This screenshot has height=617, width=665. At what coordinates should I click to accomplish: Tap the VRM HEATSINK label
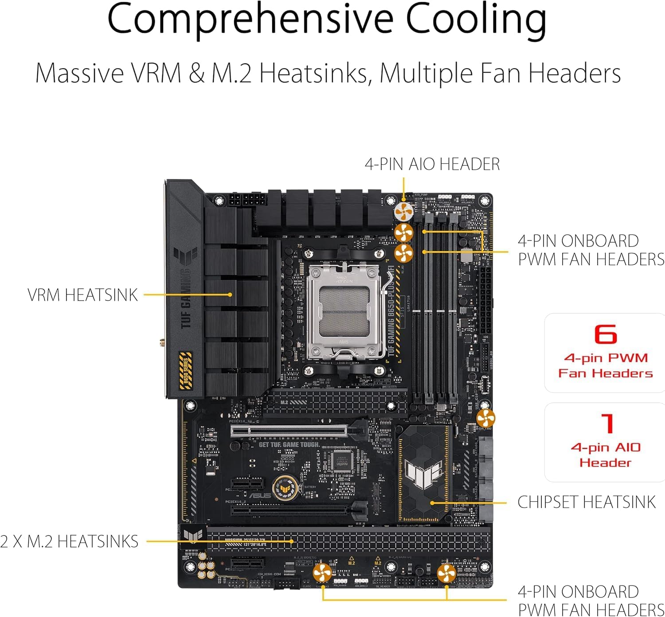pos(82,295)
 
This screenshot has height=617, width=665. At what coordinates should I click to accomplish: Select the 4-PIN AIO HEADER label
pos(432,164)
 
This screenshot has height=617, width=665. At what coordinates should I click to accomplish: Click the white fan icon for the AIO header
pos(403,211)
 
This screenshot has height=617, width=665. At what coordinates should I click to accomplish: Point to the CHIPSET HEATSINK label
pos(586,502)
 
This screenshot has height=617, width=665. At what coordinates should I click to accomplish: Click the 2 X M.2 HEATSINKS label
pos(70,541)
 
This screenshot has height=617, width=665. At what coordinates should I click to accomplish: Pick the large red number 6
pos(606,334)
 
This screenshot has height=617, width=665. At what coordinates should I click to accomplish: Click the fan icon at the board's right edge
pos(485,418)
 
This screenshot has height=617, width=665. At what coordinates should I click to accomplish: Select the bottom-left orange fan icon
pos(322,573)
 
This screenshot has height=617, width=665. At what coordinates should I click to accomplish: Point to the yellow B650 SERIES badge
pos(186,370)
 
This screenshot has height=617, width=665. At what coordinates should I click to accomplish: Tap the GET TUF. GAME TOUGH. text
pos(289,444)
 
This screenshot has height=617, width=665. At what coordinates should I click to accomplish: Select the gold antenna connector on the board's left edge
pos(162,343)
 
